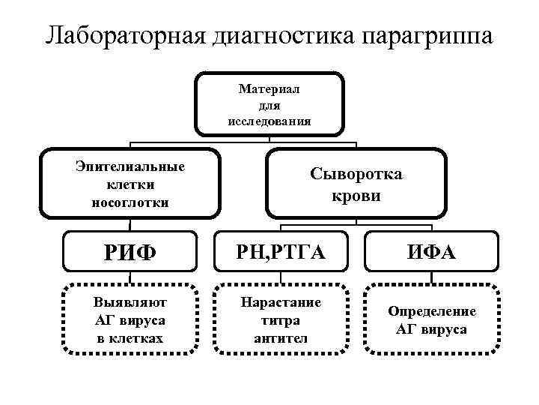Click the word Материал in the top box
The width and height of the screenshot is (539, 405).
point(269,89)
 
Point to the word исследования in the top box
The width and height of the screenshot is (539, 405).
point(269,120)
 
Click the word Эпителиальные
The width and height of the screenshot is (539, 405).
point(130,166)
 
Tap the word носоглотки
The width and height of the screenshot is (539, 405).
point(130,202)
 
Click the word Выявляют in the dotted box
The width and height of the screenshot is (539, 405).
point(130,302)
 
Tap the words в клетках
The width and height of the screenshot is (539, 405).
point(130,337)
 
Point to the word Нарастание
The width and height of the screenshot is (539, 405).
point(281,302)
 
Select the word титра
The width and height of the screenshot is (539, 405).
point(281,320)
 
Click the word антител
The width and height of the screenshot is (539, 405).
point(281,337)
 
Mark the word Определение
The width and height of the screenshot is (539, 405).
point(431,311)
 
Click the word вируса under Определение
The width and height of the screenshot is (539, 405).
point(443,329)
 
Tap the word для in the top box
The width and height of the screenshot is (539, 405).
point(269,105)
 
